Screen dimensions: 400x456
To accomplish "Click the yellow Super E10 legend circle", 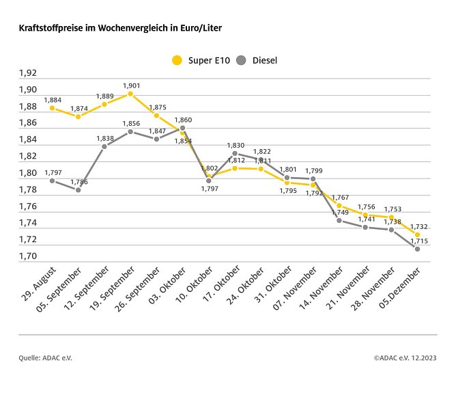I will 177,60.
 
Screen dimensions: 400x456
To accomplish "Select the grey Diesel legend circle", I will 241,60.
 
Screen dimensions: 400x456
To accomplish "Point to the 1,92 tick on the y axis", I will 27,73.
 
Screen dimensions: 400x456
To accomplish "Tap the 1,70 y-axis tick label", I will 27,256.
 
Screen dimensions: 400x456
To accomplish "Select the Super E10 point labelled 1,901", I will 130,94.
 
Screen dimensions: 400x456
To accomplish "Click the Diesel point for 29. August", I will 52,181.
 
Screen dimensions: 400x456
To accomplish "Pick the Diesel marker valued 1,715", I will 417,249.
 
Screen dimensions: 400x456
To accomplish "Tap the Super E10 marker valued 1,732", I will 417,235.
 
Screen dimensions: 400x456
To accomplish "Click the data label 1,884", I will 53,100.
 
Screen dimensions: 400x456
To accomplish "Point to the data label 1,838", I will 105,138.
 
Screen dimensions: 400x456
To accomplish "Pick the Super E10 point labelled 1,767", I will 339,205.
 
